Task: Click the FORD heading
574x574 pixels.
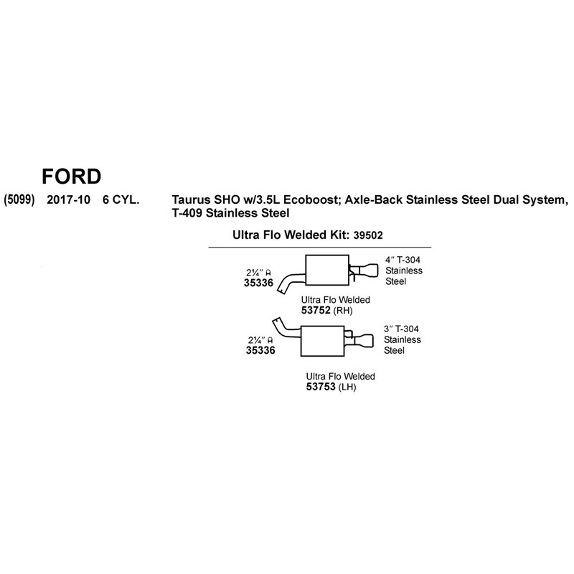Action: [71, 177]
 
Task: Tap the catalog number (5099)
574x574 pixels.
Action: [19, 200]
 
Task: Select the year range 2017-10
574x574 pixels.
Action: [68, 200]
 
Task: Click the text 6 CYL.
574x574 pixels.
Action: [121, 200]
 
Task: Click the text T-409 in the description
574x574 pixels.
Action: [187, 213]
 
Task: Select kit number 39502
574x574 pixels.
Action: [368, 235]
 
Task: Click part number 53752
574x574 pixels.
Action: [316, 311]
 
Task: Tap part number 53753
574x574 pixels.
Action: [321, 387]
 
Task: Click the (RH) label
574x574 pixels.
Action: [343, 311]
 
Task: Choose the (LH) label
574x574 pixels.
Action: [347, 387]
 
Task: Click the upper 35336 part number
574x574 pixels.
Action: [258, 283]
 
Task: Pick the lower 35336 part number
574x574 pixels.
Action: [260, 350]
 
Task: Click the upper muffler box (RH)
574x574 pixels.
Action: [327, 270]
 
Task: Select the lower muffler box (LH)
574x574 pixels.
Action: [322, 342]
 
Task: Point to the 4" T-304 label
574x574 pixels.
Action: [403, 260]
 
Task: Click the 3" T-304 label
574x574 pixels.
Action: [401, 329]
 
